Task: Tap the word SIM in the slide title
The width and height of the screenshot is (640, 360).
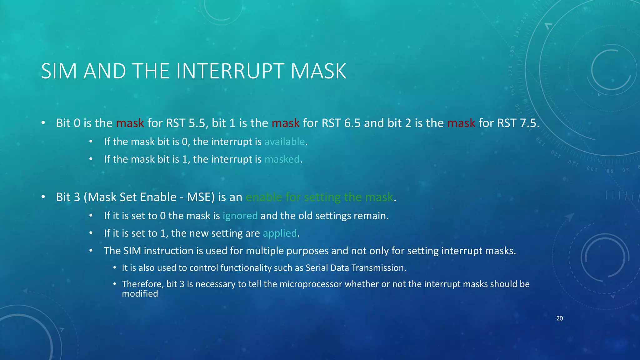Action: tap(59, 71)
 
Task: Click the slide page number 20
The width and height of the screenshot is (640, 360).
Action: tap(559, 318)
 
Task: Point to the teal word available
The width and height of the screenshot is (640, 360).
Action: tap(284, 142)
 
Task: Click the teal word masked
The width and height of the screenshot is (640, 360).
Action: tap(282, 159)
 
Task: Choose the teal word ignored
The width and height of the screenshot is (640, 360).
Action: tap(240, 216)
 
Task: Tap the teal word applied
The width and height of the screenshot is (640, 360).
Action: tap(280, 233)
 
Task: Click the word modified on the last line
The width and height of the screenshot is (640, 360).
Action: tap(140, 294)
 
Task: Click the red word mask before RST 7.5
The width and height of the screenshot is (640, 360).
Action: tap(461, 123)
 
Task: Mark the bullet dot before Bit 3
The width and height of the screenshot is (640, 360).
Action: tap(43, 197)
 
